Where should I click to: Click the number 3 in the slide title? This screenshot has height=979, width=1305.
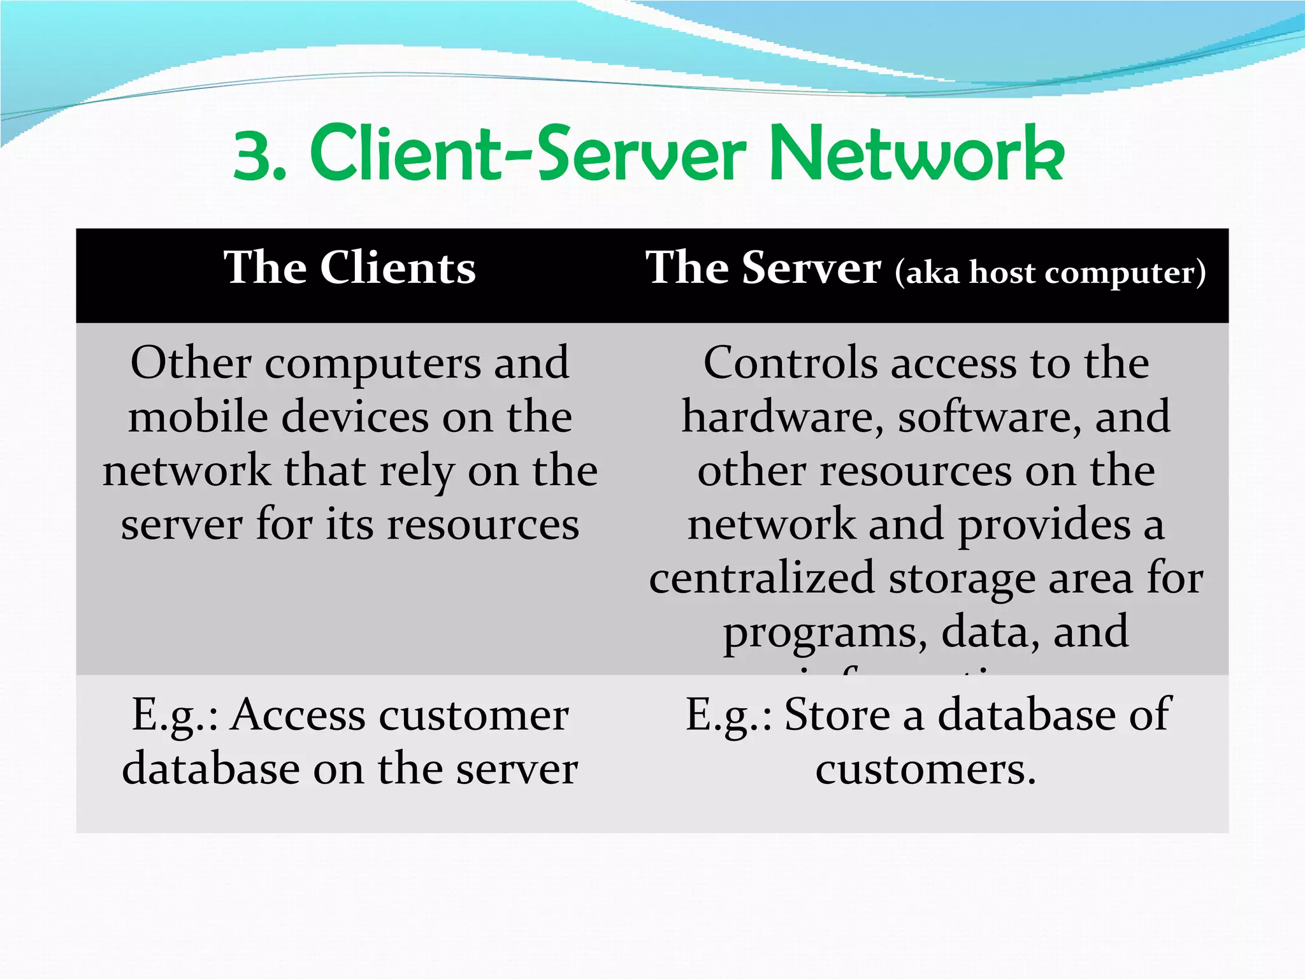(x=252, y=156)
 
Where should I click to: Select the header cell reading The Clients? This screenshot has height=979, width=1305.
(x=349, y=268)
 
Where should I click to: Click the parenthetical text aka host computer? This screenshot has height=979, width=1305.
(x=1050, y=273)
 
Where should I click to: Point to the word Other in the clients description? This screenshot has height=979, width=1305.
(x=191, y=363)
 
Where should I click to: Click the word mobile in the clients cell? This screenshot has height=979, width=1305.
(x=198, y=417)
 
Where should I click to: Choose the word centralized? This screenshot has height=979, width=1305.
(x=761, y=578)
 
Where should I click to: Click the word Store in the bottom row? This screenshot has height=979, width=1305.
(x=837, y=715)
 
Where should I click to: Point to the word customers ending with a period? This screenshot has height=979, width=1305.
(x=925, y=769)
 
